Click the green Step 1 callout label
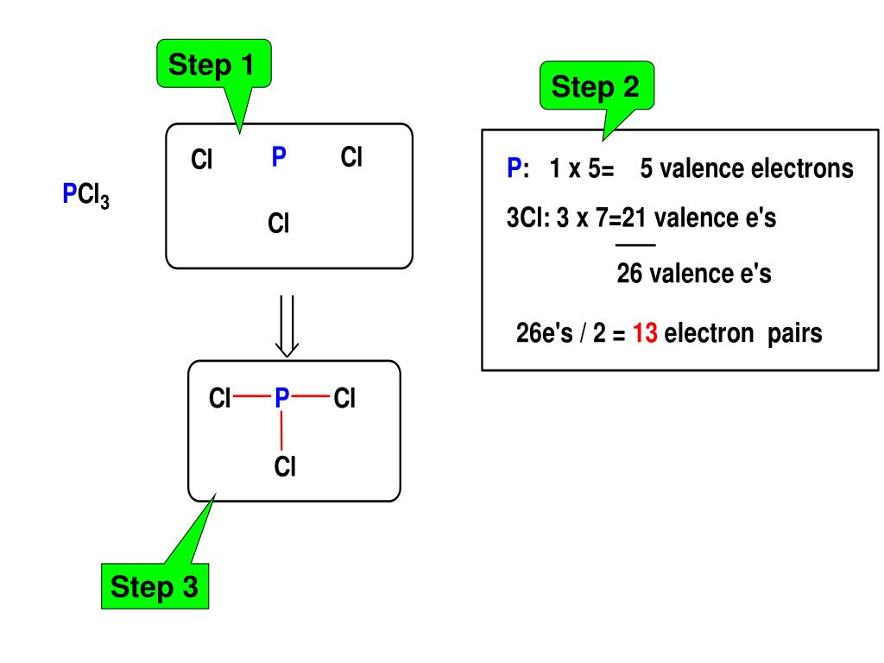coord(213,65)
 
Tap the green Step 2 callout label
coord(596,86)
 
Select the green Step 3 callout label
coord(155,588)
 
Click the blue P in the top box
coord(279,157)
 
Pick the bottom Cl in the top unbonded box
coord(278,224)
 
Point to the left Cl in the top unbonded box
coord(202,160)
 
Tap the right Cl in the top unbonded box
coord(351,157)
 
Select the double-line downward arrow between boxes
coord(287,326)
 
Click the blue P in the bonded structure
coord(281,398)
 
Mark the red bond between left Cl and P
coord(251,398)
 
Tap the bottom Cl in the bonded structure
coord(285,467)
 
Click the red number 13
coord(646,333)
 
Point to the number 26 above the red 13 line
coord(629,275)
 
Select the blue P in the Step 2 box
coord(513,168)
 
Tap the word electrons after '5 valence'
coord(803,168)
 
